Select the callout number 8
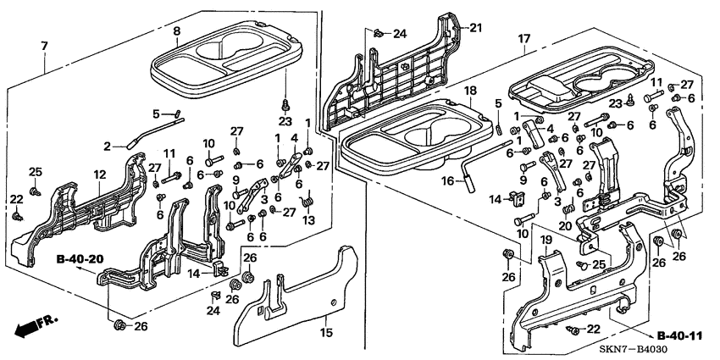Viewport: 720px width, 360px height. pos(176,31)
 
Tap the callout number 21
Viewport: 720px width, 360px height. pos(475,28)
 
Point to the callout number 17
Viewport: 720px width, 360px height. pos(524,38)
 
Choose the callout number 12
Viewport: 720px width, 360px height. pos(99,174)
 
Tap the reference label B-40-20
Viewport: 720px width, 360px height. pos(80,259)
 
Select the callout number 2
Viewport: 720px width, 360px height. pos(108,146)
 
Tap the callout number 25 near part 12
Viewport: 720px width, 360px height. pos(35,172)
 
